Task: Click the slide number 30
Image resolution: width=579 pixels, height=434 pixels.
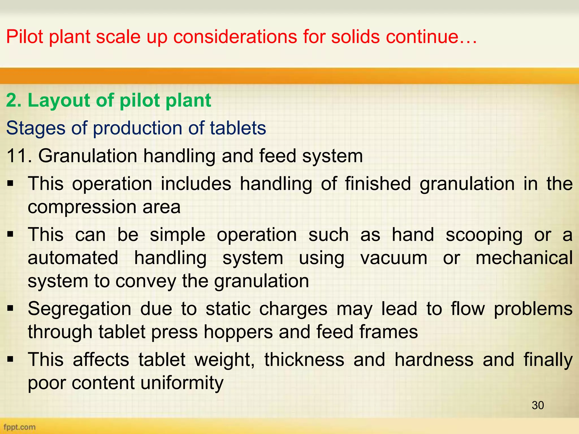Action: pyautogui.click(x=537, y=405)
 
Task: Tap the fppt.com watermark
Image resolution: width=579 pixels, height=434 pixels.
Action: pyautogui.click(x=20, y=427)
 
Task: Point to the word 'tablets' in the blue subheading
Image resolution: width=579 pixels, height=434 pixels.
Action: pyautogui.click(x=238, y=128)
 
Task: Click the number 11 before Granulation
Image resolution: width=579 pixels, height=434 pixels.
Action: pyautogui.click(x=17, y=156)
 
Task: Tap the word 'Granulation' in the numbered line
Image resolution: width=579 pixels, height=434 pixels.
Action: pyautogui.click(x=88, y=156)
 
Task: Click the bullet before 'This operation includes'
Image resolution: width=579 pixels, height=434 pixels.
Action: pyautogui.click(x=10, y=184)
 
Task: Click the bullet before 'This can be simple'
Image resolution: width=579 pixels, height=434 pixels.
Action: pyautogui.click(x=10, y=235)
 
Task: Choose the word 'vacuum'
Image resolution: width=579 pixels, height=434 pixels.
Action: pyautogui.click(x=394, y=258)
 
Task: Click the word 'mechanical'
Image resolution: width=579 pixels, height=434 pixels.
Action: pyautogui.click(x=524, y=258)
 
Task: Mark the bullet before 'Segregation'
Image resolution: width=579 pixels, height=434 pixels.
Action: pyautogui.click(x=10, y=309)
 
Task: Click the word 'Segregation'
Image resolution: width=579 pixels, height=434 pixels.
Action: pyautogui.click(x=79, y=309)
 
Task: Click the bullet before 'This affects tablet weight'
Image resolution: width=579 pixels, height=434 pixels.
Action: pyautogui.click(x=10, y=359)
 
